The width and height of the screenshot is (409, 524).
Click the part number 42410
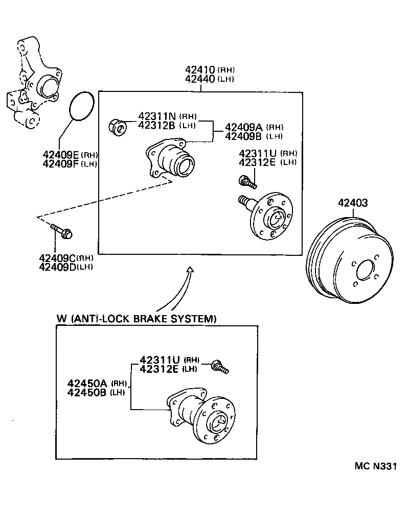click(x=200, y=70)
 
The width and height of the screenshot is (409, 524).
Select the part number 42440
click(x=200, y=79)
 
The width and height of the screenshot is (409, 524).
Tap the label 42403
click(x=352, y=203)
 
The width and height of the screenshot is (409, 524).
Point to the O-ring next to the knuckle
click(x=80, y=107)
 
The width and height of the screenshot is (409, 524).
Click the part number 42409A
click(x=244, y=127)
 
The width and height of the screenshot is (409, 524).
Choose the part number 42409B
click(x=244, y=136)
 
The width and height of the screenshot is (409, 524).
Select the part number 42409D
click(x=57, y=266)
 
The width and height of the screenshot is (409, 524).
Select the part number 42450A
click(x=87, y=383)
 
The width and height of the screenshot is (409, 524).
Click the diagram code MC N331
click(x=376, y=466)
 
